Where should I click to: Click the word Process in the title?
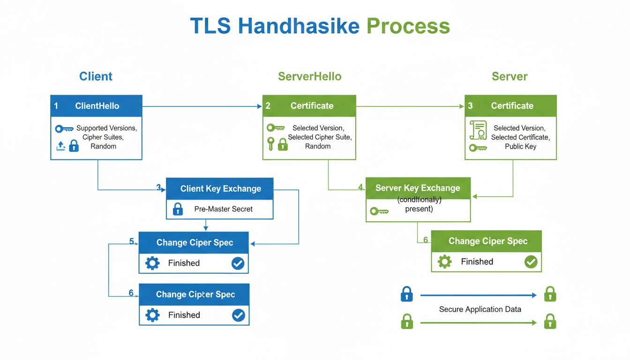click(408, 26)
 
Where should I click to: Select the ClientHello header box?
click(96, 106)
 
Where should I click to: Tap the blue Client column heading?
click(96, 76)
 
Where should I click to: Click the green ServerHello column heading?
click(309, 76)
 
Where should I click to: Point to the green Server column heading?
click(510, 76)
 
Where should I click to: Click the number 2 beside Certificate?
click(268, 106)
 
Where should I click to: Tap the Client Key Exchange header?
click(220, 189)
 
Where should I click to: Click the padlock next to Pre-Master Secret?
click(178, 209)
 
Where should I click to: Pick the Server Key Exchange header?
click(417, 188)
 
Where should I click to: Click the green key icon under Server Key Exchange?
click(379, 211)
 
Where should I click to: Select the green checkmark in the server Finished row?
click(531, 262)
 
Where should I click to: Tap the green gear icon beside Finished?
click(444, 262)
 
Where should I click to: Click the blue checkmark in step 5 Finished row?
click(238, 263)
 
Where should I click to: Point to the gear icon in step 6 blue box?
click(152, 315)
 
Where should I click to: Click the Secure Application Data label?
click(480, 309)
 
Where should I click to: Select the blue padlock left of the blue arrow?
click(407, 295)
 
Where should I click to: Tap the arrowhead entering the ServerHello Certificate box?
click(259, 106)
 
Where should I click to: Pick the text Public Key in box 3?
click(520, 146)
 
